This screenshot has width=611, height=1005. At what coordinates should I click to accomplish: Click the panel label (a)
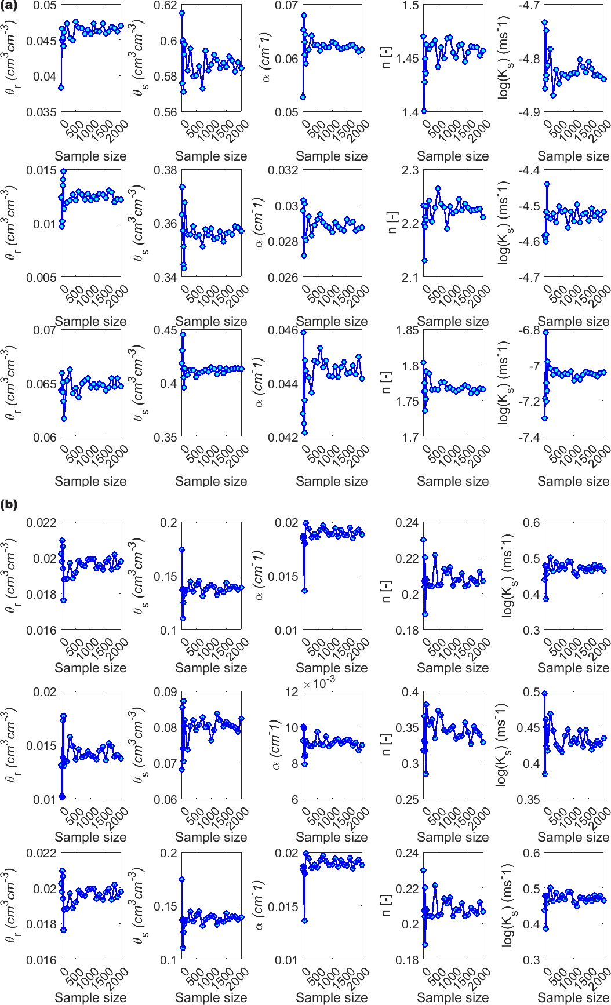tap(9, 6)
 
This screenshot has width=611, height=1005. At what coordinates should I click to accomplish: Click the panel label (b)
tap(9, 504)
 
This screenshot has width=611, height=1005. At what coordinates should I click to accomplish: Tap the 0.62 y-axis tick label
tap(165, 6)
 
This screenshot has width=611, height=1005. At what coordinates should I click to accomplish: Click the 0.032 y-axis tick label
tap(283, 170)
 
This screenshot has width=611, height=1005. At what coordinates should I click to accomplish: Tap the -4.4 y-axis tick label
tap(529, 170)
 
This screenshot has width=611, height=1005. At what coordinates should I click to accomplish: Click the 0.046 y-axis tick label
tap(283, 330)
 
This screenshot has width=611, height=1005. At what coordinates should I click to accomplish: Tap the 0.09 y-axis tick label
tap(165, 692)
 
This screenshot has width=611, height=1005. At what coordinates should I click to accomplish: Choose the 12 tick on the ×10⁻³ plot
tap(292, 692)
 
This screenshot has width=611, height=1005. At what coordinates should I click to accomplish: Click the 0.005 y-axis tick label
tap(42, 277)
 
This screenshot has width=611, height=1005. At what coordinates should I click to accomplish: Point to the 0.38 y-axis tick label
tap(165, 170)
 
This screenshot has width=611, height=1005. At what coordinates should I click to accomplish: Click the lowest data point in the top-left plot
tap(61, 88)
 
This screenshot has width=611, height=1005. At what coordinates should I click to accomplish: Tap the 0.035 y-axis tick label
tap(42, 112)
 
